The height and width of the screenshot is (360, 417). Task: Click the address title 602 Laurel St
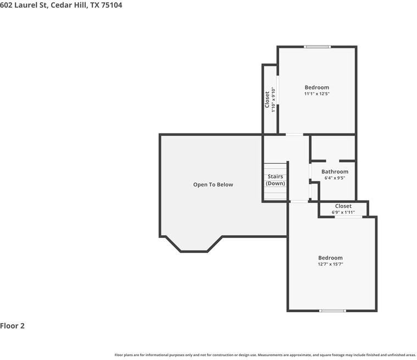coord(61,5)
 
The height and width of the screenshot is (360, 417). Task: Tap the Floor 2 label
coord(13,326)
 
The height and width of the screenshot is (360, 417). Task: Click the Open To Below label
coord(213,185)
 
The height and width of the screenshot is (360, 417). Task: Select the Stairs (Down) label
coord(275,180)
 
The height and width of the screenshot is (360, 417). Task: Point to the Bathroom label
coord(335,172)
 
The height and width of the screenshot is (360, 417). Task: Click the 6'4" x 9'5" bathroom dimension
coord(335,178)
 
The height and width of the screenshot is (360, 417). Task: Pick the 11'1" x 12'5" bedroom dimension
coord(317,94)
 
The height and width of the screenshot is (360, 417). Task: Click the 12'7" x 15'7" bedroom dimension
coord(330,264)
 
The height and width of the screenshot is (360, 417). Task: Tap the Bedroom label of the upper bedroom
coord(317,87)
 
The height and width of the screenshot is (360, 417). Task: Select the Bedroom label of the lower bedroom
coord(330,258)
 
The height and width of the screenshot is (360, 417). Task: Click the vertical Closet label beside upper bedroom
coord(268,99)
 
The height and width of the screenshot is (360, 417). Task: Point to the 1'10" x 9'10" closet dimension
coord(273,99)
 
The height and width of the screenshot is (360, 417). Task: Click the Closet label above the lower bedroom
coord(343,206)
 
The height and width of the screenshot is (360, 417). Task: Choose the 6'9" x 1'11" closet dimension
coord(343,212)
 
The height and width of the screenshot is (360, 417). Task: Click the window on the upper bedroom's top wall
coord(317,47)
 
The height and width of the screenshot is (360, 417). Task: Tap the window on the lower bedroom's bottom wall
coord(332,311)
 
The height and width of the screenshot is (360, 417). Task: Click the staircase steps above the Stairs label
coord(275,168)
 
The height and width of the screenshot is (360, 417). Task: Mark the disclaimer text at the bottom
coord(265,355)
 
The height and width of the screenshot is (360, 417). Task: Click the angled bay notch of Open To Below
coord(194,246)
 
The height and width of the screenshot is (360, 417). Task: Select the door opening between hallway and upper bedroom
coord(294,135)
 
